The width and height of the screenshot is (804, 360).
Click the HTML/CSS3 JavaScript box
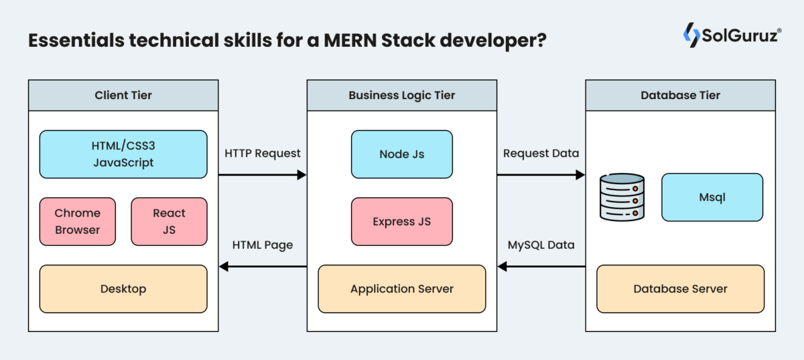123,154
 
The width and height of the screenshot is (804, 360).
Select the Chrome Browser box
78,221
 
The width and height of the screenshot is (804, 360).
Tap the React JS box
169,221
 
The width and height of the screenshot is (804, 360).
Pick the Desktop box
123,289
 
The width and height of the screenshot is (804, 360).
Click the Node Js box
402,154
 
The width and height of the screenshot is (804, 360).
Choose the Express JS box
402,221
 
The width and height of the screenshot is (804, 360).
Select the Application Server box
402,289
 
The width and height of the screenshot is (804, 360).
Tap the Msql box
712,197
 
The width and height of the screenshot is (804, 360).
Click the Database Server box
680,289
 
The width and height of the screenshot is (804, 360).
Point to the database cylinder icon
622,197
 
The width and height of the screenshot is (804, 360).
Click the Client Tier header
123,95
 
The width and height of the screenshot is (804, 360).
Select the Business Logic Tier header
402,95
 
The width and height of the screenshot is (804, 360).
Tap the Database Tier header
680,95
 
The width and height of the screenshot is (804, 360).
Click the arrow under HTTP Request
263,175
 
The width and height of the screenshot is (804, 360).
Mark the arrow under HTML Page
263,267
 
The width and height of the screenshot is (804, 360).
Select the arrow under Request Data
541,175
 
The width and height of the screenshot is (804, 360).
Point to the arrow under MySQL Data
541,267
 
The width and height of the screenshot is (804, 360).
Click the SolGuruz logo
732,35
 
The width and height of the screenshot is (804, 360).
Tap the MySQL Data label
541,245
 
